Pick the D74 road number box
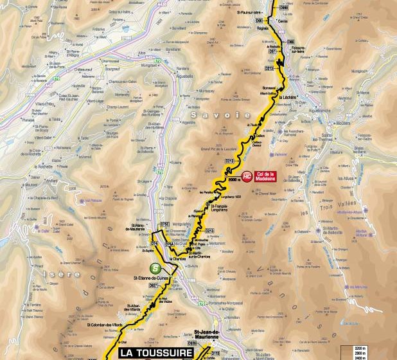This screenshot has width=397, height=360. point(154,244)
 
